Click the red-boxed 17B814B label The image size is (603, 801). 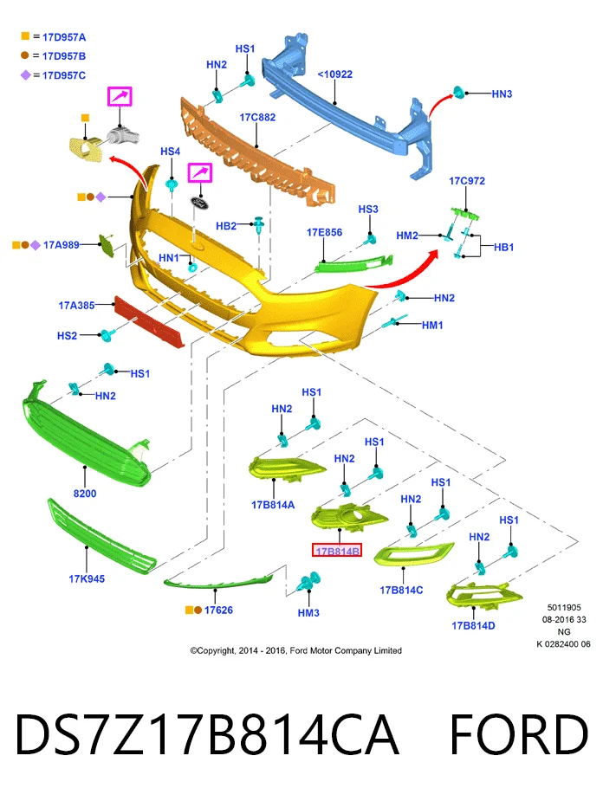click(337, 550)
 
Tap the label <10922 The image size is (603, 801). click(334, 74)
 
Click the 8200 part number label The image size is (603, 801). click(85, 494)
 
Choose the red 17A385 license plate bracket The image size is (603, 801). click(148, 322)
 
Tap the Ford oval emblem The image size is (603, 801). click(200, 201)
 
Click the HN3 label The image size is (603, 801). click(502, 94)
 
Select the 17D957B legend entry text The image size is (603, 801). click(64, 56)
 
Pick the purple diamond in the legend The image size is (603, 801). click(25, 75)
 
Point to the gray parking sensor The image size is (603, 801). click(123, 135)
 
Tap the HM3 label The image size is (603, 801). click(308, 613)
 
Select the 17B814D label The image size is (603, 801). click(473, 626)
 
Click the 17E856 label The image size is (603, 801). click(325, 232)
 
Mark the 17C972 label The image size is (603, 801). click(467, 181)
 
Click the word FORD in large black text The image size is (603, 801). click(519, 734)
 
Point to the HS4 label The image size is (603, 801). click(170, 152)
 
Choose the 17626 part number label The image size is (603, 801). click(218, 610)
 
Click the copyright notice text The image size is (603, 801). click(296, 650)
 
